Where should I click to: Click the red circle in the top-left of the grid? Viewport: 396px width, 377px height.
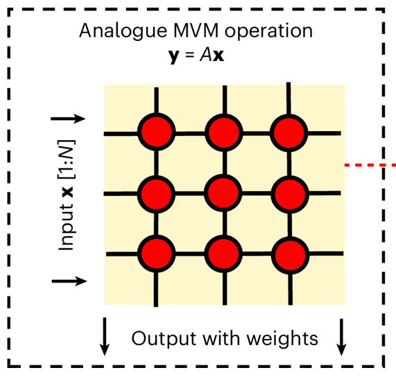click(x=156, y=130)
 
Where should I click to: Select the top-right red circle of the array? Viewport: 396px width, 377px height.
click(x=289, y=130)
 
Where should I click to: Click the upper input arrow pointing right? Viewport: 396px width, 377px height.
click(x=69, y=118)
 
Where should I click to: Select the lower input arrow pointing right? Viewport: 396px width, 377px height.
click(x=69, y=281)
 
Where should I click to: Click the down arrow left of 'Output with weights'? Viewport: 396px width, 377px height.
click(x=105, y=337)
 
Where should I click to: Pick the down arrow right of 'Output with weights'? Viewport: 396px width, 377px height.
click(x=341, y=337)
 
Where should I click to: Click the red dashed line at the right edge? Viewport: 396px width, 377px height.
click(x=370, y=165)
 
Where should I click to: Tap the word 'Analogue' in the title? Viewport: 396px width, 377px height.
click(x=113, y=32)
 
